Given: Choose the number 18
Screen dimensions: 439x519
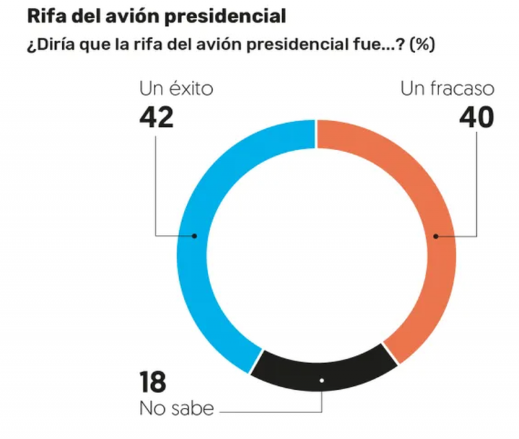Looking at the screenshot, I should (153, 385).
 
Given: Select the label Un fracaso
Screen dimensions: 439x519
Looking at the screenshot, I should (448, 89).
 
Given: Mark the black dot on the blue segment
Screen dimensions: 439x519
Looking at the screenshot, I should (195, 236).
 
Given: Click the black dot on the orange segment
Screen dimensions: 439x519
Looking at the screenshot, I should (436, 236).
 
